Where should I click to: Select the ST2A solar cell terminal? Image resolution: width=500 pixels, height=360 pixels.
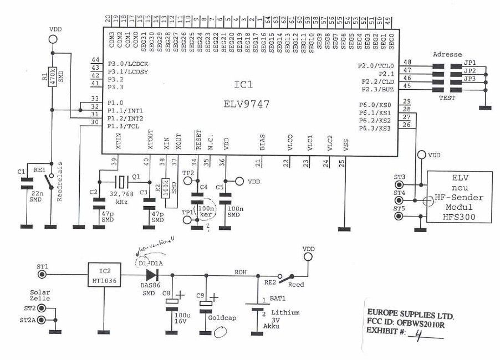coord(41,320)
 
